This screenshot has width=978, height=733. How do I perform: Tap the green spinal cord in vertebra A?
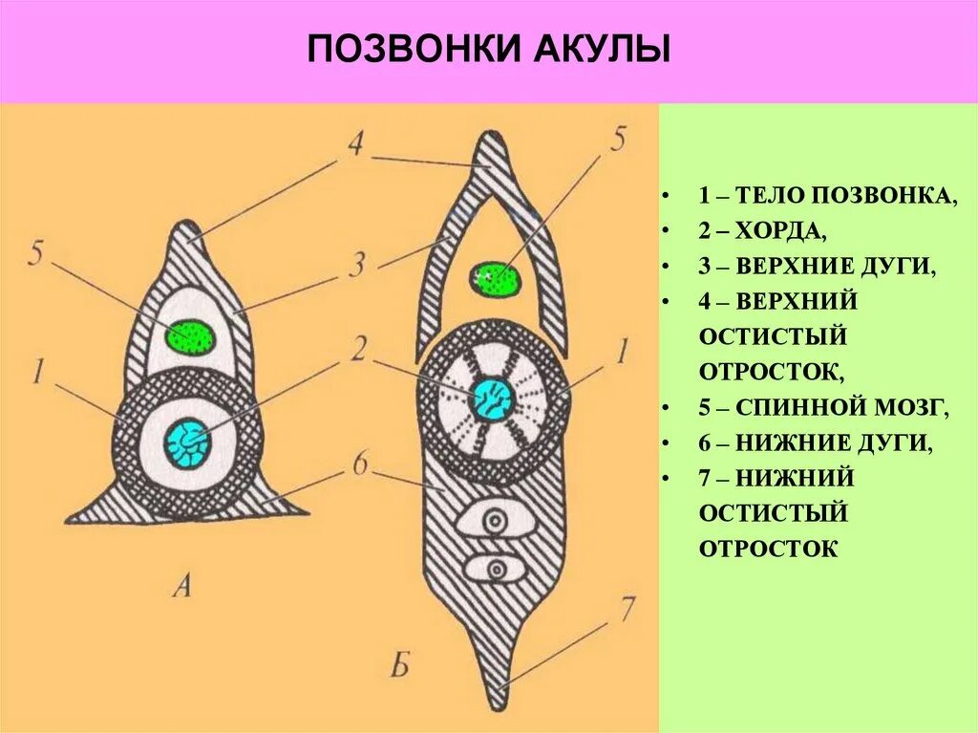(191, 336)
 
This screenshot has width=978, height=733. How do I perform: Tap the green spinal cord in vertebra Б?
(496, 279)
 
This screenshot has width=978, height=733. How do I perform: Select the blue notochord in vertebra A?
(191, 441)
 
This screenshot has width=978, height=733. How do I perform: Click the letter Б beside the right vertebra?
(400, 665)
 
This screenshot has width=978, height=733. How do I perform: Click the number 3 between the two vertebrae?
(356, 265)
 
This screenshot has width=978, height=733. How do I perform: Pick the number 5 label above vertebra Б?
(617, 140)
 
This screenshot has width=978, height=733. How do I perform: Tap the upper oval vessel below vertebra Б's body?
(495, 522)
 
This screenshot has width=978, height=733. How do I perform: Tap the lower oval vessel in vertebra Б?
(495, 570)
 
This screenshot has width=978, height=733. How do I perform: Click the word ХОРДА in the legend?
(777, 231)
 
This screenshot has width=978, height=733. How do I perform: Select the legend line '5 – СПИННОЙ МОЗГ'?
(823, 408)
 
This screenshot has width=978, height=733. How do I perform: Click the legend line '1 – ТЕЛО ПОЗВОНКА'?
(827, 196)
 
